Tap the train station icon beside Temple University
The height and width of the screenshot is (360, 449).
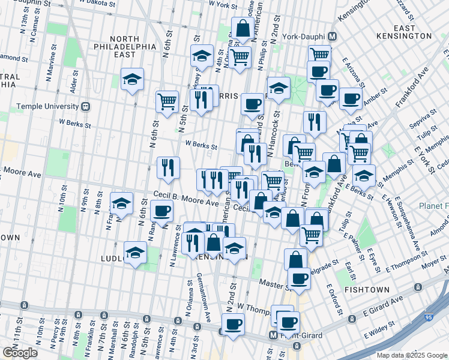click(x=85, y=107)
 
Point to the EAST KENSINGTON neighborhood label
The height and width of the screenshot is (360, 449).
click(x=413, y=32)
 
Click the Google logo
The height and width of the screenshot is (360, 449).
click(x=20, y=353)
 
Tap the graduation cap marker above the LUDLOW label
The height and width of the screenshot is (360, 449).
click(x=135, y=253)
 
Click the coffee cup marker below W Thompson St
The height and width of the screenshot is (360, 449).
click(x=233, y=324)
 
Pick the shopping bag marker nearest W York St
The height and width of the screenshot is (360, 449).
click(x=243, y=29)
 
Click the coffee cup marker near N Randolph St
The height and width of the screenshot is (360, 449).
click(x=162, y=211)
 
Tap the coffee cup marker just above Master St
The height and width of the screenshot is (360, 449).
click(x=299, y=278)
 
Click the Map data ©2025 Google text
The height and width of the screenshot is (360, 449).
click(x=411, y=355)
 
